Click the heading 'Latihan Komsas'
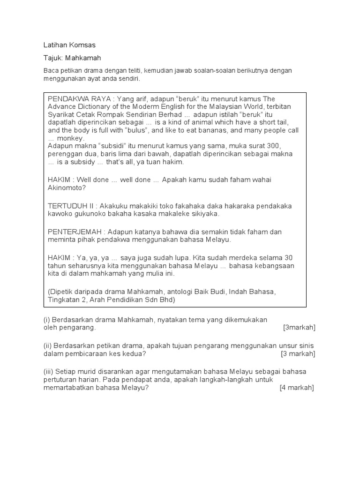click(x=69, y=45)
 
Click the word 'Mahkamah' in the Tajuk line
click(x=83, y=58)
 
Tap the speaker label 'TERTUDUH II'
click(x=68, y=205)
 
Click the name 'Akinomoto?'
click(x=65, y=187)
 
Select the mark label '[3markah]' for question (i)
click(x=299, y=328)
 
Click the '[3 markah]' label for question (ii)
click(x=298, y=353)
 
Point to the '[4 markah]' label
click(x=297, y=388)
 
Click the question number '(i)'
click(x=46, y=320)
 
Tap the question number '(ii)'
click(x=48, y=345)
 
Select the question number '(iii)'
click(x=49, y=372)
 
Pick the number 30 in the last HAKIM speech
click(x=289, y=258)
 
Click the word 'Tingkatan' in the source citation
click(x=64, y=300)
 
